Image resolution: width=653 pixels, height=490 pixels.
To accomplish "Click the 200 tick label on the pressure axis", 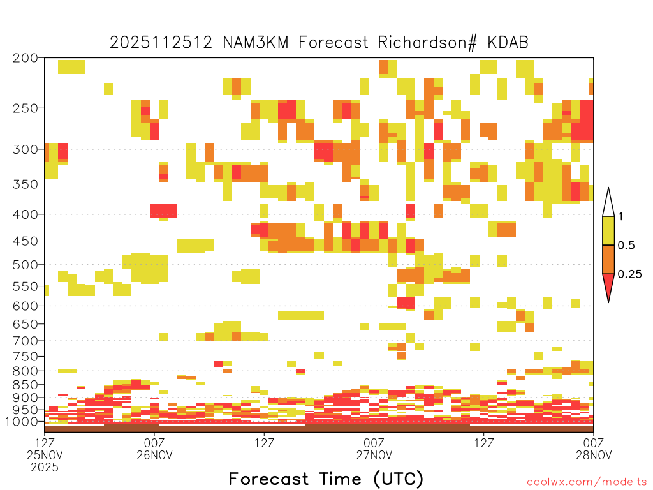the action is coord(25,58).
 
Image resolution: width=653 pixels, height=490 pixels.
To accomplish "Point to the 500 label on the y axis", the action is coord(25,265).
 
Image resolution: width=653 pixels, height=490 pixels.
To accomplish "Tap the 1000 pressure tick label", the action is coord(22,421).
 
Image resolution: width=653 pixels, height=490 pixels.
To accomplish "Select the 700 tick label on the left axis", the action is coord(25,341).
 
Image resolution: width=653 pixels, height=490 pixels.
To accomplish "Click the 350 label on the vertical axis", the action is coord(25,184).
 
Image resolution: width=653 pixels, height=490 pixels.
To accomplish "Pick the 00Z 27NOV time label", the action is coord(374,449).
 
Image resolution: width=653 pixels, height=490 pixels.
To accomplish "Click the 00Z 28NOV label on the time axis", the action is coord(594,449).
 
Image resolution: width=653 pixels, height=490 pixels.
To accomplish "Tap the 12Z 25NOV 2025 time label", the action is coord(45,454).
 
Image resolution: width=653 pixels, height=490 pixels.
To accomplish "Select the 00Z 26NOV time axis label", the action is coord(154,449).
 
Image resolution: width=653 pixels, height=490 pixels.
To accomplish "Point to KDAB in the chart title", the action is coord(508,43).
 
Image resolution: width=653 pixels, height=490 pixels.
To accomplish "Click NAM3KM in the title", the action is coord(256,43).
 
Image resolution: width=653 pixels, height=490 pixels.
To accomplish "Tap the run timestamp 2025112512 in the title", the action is coord(161,43).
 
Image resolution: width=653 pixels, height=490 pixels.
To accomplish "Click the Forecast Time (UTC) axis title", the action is coord(326,479).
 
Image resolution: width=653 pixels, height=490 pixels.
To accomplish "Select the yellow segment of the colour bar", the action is coord(608,230).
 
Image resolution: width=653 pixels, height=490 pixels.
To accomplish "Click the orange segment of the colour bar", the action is coord(608,259).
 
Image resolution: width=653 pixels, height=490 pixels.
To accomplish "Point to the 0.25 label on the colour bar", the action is coord(629,274).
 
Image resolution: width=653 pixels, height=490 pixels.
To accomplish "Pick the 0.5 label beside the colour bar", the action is coord(626,245).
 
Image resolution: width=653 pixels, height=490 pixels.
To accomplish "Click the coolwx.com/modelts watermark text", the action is coord(587,482).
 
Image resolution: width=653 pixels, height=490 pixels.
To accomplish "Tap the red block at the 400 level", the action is coord(164,211).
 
